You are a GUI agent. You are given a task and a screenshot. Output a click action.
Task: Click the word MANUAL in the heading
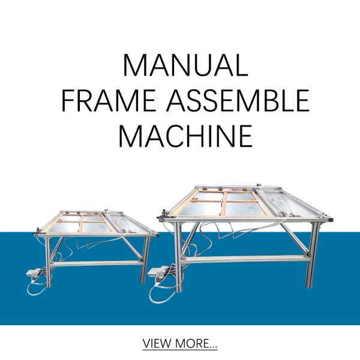pyautogui.click(x=185, y=65)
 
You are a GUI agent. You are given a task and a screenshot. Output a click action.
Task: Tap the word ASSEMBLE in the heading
pyautogui.click(x=238, y=101)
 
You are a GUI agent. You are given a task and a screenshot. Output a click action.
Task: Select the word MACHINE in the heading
pyautogui.click(x=185, y=136)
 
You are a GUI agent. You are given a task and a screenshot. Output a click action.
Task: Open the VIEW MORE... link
pyautogui.click(x=180, y=343)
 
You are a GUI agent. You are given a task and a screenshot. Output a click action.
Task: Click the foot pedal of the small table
pyautogui.click(x=34, y=273)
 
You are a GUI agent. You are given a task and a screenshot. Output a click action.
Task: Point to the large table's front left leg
pyautogui.click(x=178, y=257)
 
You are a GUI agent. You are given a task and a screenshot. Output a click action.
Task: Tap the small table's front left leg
pyautogui.click(x=48, y=262)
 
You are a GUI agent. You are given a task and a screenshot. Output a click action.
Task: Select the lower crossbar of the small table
pyautogui.click(x=96, y=263)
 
